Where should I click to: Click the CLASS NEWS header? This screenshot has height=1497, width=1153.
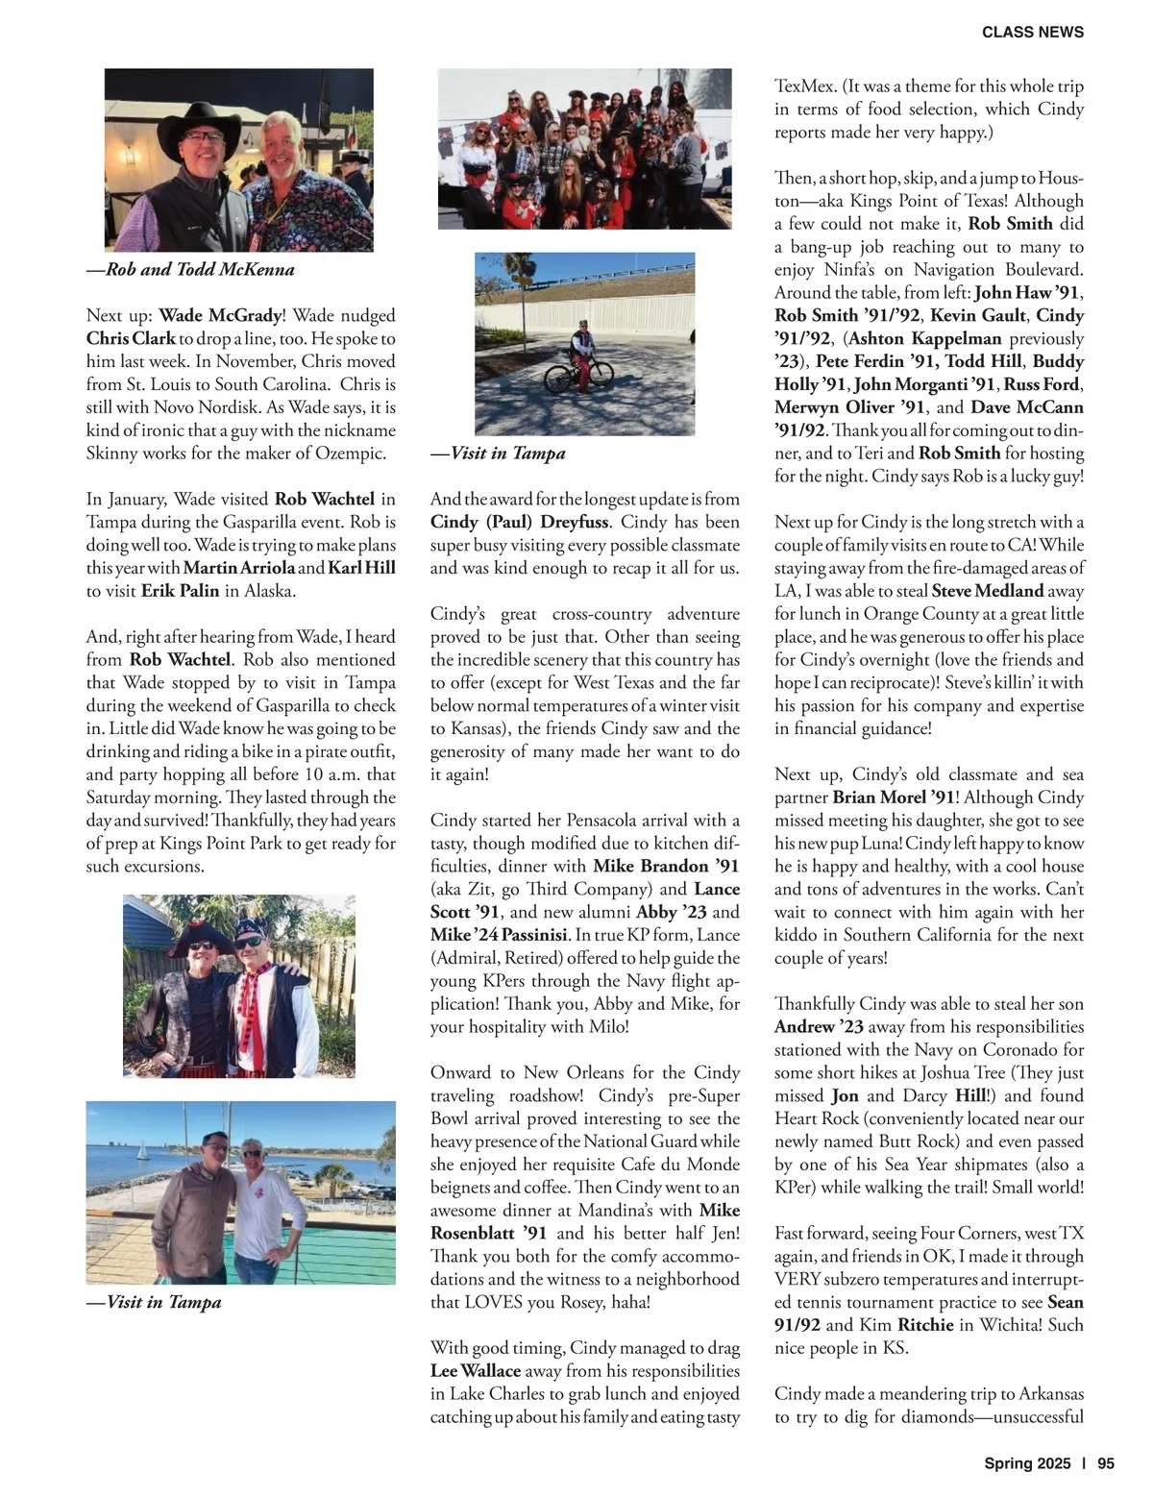[x=1032, y=32]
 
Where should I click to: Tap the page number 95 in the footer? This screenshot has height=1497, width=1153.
[x=1105, y=1463]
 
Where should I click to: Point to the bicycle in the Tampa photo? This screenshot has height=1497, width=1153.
[x=579, y=371]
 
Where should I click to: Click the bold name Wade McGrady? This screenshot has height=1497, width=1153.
[x=220, y=315]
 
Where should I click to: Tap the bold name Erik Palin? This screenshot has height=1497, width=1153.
[x=181, y=591]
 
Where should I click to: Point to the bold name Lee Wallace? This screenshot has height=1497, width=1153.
[x=476, y=1371]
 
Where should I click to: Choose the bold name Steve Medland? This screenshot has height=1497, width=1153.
[x=988, y=591]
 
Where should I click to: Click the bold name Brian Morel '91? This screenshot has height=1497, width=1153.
[x=894, y=798]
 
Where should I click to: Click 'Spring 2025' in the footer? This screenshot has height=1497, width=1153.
[x=1026, y=1463]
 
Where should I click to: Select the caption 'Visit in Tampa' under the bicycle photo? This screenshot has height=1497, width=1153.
[x=498, y=454]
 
